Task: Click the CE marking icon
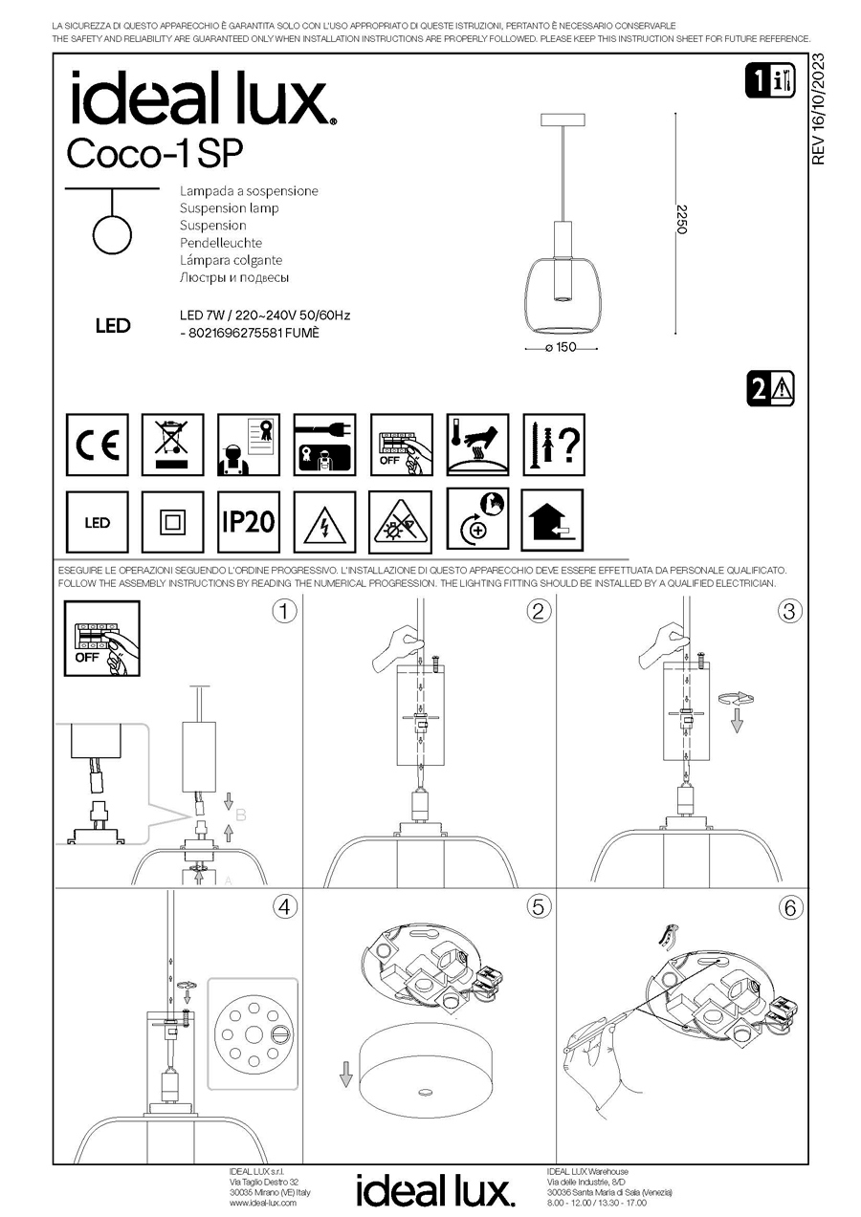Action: [97, 446]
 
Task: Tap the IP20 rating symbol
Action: [249, 522]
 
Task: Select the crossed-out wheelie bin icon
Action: [172, 446]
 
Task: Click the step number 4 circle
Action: [284, 907]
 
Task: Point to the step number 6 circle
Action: [790, 907]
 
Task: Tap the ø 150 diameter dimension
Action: [559, 348]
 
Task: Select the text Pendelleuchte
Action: [221, 243]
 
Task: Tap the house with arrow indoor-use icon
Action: [553, 522]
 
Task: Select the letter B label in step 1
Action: [241, 815]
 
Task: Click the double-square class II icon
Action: [172, 522]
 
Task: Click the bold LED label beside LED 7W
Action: [113, 326]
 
